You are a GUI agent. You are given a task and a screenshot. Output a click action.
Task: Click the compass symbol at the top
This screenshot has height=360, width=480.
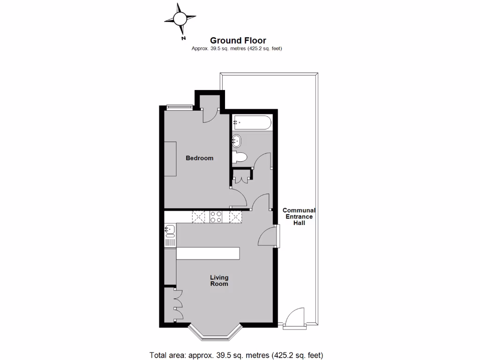click(180, 19)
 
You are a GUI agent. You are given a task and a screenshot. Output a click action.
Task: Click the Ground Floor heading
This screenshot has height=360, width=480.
click(238, 41)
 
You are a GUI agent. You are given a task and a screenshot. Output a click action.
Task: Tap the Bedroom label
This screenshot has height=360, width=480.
click(199, 158)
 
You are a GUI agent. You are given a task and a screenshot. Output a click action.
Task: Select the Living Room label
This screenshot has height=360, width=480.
click(219, 280)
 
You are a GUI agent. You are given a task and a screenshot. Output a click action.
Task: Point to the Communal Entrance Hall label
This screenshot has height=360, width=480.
click(299, 217)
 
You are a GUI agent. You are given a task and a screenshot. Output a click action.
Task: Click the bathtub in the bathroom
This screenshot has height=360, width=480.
click(251, 122)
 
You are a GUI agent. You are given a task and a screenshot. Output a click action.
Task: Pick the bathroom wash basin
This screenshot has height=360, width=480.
click(236, 140)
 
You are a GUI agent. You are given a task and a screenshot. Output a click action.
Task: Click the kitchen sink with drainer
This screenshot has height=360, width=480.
click(170, 235)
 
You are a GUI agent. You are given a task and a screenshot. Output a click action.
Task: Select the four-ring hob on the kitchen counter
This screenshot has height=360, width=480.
click(216, 217)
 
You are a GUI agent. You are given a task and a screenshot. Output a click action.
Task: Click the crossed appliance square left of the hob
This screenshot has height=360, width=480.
click(199, 217)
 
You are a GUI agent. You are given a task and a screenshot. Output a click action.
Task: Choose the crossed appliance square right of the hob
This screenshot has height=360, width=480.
click(234, 217)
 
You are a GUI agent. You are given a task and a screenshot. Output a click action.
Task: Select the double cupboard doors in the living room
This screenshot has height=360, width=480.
click(178, 305)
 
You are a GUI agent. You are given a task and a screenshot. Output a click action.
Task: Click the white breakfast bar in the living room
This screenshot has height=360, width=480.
click(208, 253)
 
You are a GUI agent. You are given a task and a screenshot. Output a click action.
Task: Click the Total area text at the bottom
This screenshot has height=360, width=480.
click(236, 355)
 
